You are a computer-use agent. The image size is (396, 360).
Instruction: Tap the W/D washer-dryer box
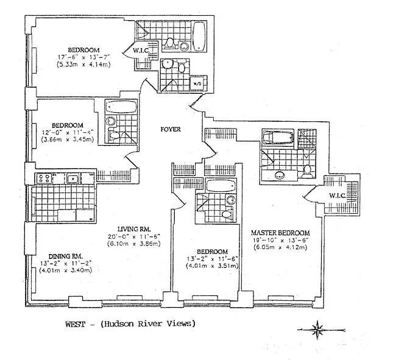pyautogui.click(x=197, y=83)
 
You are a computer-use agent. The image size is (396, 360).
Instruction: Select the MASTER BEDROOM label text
pyautogui.click(x=281, y=233)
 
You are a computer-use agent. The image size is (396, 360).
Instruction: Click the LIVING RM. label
pyautogui.click(x=133, y=228)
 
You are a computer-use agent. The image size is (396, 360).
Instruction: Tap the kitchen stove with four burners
pyautogui.click(x=43, y=178)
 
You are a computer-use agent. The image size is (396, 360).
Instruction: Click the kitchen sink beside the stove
pyautogui.click(x=72, y=178)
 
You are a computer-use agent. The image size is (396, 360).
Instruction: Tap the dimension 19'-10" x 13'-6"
pyautogui.click(x=280, y=240)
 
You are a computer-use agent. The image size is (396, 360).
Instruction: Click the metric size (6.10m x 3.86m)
pyautogui.click(x=134, y=244)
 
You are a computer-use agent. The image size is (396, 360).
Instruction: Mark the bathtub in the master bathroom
pyautogui.click(x=277, y=138)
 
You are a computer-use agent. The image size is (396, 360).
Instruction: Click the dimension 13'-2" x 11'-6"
pyautogui.click(x=211, y=258)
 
